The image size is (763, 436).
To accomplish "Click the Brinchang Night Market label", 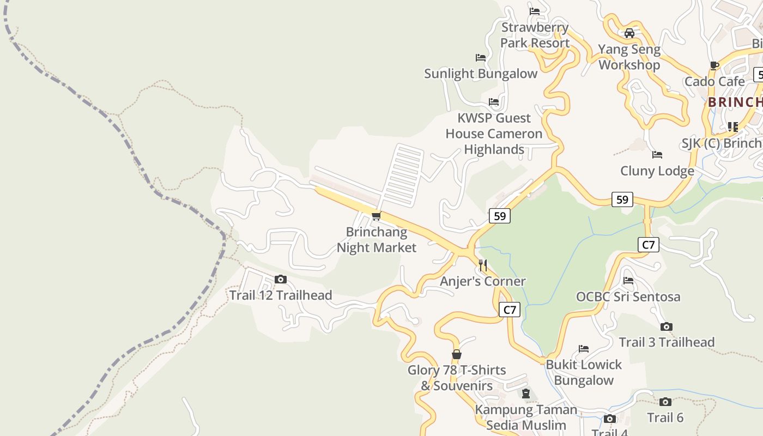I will (376, 240).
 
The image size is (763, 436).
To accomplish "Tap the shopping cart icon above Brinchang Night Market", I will (376, 216).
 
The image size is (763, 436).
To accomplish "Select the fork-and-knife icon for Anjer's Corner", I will (483, 265).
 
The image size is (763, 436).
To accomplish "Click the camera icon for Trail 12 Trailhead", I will (280, 280).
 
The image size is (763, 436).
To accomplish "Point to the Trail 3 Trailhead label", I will (667, 342).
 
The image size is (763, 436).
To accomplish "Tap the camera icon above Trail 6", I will (665, 402).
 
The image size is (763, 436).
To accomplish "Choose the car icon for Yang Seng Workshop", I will (629, 33).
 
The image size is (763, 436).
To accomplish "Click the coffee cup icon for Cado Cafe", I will (714, 66).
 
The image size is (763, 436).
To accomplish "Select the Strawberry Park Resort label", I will (535, 35).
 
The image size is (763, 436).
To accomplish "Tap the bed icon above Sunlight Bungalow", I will (480, 58).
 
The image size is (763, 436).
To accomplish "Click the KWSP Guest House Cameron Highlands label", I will (494, 134).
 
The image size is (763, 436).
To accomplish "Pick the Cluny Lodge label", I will (657, 171).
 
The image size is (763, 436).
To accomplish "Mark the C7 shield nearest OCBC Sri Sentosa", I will (648, 245).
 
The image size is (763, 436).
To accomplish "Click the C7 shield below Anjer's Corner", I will (509, 310).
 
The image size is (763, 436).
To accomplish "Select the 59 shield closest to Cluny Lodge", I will (622, 199).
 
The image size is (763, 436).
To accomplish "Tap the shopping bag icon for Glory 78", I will (457, 355).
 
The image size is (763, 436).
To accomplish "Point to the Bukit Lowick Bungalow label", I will (584, 372).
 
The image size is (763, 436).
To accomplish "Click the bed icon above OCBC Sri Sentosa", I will (628, 281).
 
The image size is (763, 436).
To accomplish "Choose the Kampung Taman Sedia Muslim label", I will (526, 417).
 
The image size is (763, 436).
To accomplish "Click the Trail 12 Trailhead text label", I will (281, 295).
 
